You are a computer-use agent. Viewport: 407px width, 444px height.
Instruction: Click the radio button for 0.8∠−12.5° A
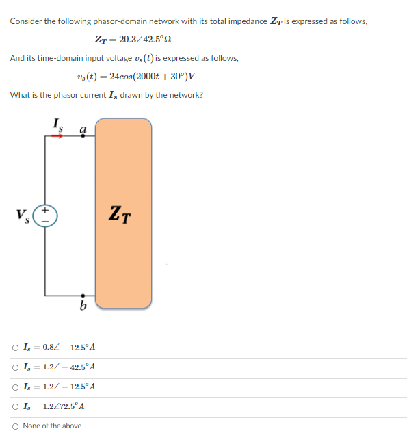click(15, 348)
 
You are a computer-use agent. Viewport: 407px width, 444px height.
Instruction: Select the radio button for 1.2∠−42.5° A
click(15, 367)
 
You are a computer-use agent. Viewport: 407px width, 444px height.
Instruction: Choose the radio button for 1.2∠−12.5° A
click(15, 387)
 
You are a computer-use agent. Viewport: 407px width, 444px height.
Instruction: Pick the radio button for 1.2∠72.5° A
click(15, 406)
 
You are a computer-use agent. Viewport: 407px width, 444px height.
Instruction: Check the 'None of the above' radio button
click(15, 426)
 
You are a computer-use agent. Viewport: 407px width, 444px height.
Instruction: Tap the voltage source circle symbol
click(46, 218)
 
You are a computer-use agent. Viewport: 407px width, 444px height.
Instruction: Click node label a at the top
click(83, 127)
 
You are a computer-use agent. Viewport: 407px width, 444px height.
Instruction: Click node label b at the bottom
click(83, 306)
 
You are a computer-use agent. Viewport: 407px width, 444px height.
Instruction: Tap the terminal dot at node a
click(83, 135)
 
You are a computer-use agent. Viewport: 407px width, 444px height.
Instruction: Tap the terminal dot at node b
click(83, 296)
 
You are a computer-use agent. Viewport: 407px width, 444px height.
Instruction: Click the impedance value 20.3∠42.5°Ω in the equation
click(144, 40)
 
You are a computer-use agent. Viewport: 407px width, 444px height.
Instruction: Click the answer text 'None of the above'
click(52, 426)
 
